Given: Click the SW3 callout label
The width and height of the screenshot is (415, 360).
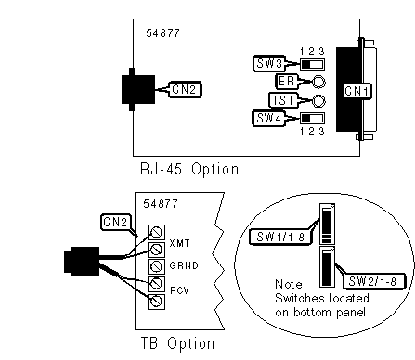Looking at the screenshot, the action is pyautogui.click(x=269, y=63).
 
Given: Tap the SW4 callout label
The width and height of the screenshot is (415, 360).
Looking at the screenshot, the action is pyautogui.click(x=268, y=118).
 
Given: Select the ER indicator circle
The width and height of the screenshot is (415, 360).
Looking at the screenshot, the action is pyautogui.click(x=318, y=82).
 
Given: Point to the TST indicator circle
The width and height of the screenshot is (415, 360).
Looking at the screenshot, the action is pyautogui.click(x=318, y=101).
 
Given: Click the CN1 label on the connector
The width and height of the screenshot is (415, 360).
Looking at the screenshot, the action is pyautogui.click(x=357, y=91).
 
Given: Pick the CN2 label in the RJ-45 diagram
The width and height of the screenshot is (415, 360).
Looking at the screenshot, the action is pyautogui.click(x=185, y=89).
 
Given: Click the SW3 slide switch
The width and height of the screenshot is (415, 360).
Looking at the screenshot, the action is pyautogui.click(x=312, y=65).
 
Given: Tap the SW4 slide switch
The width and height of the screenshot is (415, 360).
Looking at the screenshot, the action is pyautogui.click(x=312, y=118).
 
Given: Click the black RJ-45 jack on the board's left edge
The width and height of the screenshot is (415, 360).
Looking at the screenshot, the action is pyautogui.click(x=137, y=89).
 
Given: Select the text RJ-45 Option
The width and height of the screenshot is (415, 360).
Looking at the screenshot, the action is pyautogui.click(x=189, y=169).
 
